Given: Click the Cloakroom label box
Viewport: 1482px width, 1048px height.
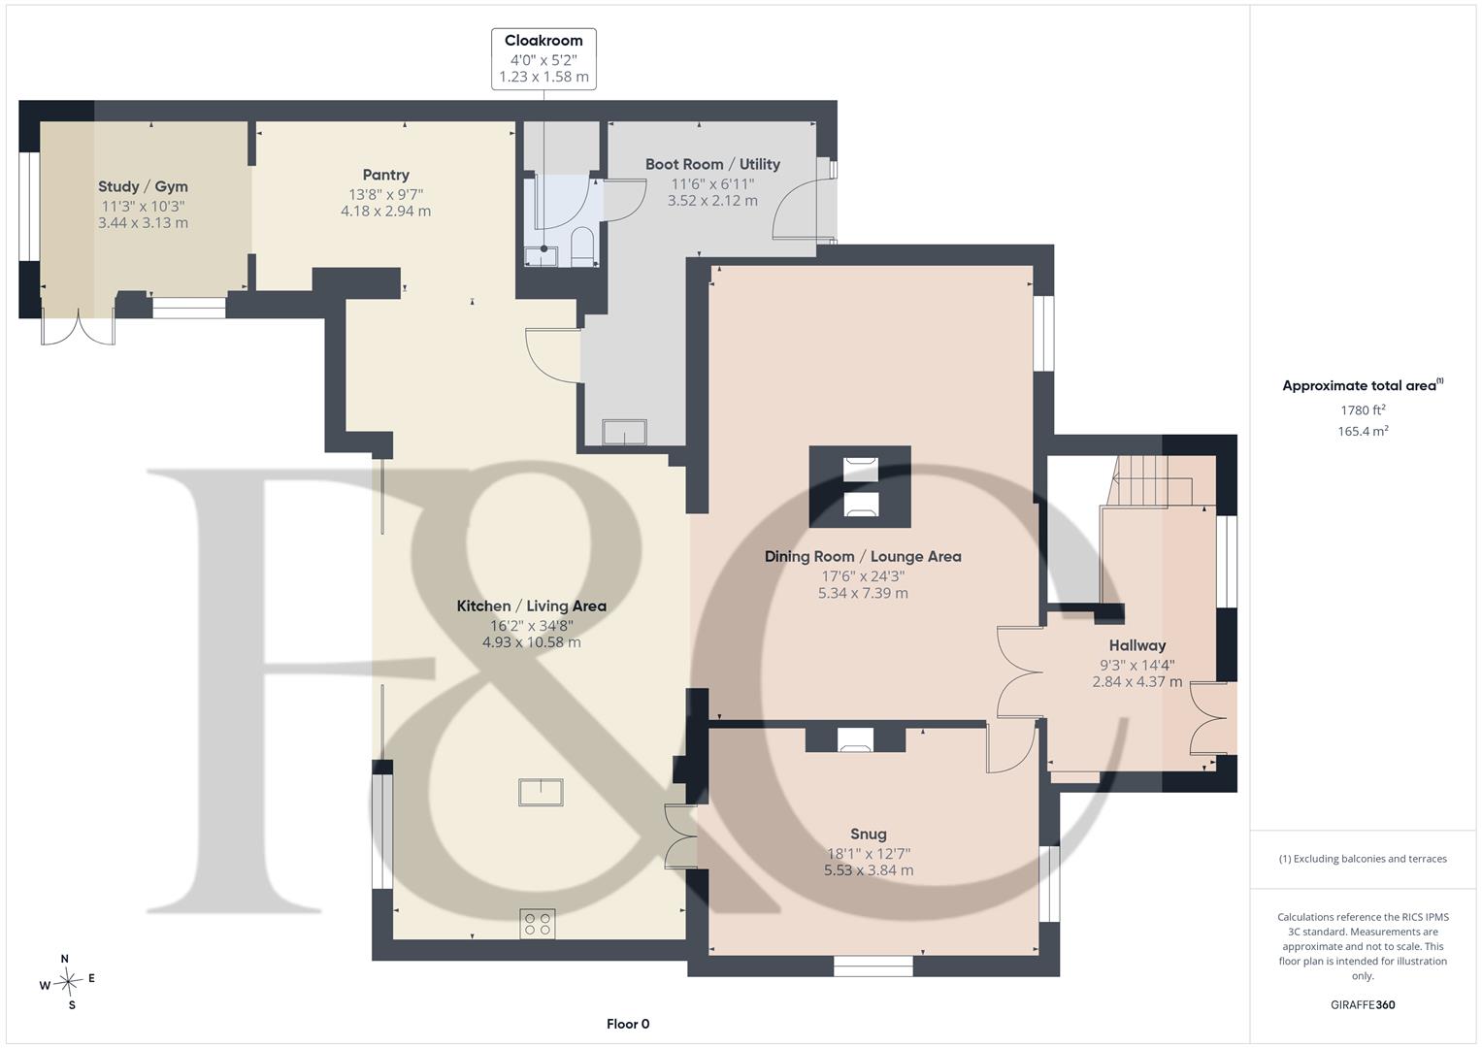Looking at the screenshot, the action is (543, 59).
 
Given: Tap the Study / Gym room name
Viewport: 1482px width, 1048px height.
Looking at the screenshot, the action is (143, 186).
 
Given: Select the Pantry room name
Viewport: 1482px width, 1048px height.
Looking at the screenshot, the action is (385, 175).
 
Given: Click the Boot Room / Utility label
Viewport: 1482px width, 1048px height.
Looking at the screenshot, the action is (712, 164).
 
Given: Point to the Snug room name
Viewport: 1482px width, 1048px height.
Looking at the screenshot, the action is (868, 835).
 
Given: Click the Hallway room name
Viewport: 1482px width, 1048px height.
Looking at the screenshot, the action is (1137, 645).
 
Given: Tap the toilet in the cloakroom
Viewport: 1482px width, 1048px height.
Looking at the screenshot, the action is (582, 246).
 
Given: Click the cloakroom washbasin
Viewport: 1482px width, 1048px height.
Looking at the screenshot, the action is (542, 256).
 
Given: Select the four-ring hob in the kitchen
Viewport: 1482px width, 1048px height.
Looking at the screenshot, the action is (538, 924).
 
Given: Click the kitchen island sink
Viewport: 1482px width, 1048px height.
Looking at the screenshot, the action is (541, 792).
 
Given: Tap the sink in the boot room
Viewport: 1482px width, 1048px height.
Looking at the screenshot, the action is (624, 432).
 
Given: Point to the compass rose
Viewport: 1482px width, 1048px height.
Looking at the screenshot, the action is (68, 981).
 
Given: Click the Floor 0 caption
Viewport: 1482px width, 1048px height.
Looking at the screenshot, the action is (628, 1024).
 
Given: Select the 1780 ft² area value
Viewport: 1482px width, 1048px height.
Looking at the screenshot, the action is (1363, 410).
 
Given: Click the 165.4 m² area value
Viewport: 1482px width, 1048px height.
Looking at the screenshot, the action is (1363, 432).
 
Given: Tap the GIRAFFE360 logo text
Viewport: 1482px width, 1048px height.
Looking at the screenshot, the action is (1363, 1004).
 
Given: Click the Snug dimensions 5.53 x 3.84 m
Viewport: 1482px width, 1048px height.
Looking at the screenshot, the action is (868, 870).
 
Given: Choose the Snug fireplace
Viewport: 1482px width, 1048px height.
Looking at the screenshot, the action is (855, 739).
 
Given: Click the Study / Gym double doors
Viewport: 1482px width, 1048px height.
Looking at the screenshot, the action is (78, 328).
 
